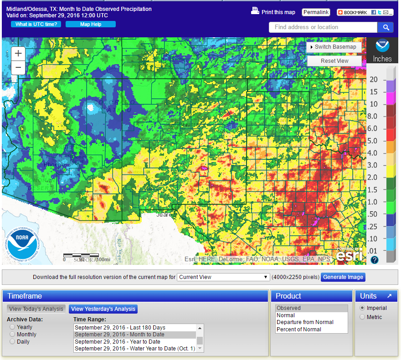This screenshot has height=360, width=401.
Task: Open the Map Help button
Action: pos(91,24)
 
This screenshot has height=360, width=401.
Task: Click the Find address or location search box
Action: pos(323,27)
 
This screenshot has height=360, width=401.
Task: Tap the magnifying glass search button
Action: pos(386,27)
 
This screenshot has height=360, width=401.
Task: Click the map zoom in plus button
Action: pos(18,53)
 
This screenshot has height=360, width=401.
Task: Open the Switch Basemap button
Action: pos(334,47)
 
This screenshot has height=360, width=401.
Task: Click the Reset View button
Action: pos(334,61)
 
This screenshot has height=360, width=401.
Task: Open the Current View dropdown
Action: pos(223,277)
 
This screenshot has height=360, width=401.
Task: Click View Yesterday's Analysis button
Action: pos(103,309)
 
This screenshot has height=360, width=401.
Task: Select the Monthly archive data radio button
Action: pos(12,335)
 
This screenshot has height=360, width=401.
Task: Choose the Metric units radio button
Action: pos(363,317)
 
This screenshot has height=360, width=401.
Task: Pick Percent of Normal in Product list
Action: pos(299,329)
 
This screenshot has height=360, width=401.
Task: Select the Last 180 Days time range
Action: pos(120,328)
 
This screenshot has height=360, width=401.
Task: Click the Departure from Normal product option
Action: pos(305,322)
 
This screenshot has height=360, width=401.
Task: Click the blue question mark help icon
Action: pos(375,260)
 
